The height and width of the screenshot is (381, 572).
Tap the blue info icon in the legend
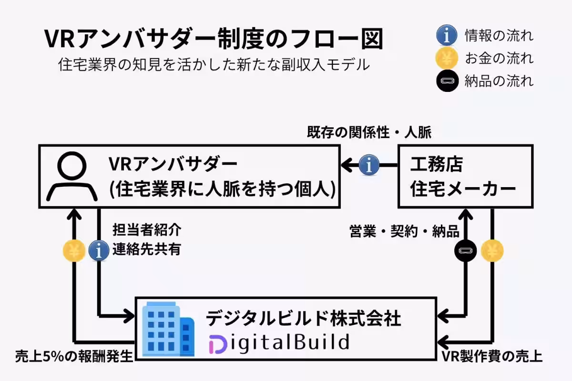click(x=447, y=35)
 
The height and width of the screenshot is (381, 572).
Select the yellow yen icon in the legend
click(x=447, y=59)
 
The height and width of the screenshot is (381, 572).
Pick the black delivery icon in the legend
click(x=447, y=81)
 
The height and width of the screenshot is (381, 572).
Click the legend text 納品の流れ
click(x=499, y=81)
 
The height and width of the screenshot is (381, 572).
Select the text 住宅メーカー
click(x=463, y=189)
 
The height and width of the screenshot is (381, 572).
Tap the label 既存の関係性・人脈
click(x=369, y=132)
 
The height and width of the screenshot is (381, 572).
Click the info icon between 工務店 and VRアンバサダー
click(x=369, y=165)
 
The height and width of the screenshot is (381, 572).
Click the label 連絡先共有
click(x=147, y=249)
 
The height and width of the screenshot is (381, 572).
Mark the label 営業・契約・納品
click(x=404, y=231)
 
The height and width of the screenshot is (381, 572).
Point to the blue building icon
click(x=169, y=328)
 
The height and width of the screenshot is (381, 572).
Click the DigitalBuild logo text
click(x=279, y=342)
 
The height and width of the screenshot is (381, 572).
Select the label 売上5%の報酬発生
click(x=73, y=356)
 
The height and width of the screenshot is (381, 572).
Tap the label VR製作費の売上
click(x=491, y=357)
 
